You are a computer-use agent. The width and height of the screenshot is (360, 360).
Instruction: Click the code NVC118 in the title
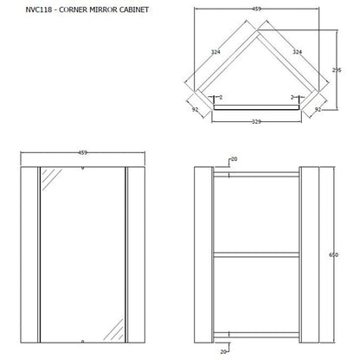coord(39,10)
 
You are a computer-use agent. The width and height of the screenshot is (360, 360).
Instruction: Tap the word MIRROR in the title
coord(103,10)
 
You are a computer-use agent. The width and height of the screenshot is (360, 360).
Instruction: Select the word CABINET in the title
coord(134,10)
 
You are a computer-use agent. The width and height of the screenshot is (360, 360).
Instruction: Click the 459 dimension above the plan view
coord(256,9)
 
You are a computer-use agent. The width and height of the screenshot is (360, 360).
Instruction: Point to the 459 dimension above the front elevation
coord(83,152)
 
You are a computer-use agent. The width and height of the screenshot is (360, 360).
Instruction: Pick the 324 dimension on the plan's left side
coord(215,52)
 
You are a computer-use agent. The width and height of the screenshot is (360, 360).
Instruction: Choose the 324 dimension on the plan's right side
coord(298,52)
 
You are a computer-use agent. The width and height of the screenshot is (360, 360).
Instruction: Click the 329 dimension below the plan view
coord(256,121)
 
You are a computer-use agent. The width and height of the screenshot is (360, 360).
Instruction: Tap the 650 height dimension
coord(333,254)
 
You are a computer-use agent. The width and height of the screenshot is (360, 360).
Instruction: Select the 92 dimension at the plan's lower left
coord(196,110)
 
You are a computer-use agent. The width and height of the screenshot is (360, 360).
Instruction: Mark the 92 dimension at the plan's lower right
coord(318,110)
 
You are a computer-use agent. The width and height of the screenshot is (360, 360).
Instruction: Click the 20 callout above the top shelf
coord(235,159)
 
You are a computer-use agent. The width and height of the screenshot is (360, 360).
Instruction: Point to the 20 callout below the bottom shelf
coord(223,352)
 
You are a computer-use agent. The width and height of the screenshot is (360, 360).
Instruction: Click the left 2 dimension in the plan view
coord(221,98)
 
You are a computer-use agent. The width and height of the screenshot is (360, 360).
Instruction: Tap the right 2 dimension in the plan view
coord(292,98)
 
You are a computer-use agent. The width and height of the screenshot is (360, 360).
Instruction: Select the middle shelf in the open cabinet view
coord(256,254)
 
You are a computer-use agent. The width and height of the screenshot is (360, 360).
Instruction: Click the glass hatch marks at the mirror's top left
coord(52,180)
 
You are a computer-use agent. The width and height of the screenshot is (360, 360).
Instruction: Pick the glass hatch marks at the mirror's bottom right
coord(113,330)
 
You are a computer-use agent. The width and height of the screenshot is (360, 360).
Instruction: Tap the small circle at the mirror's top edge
coord(83,168)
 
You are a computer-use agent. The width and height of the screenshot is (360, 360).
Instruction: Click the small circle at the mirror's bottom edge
coord(83,342)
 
